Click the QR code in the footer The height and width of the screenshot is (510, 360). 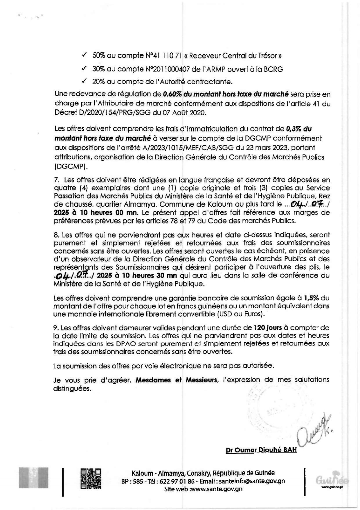[x=91, y=478]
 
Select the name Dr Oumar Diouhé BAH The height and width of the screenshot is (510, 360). [x=261, y=450]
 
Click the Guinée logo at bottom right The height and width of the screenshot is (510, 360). [x=332, y=479]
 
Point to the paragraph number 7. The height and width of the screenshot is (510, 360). [x=57, y=180]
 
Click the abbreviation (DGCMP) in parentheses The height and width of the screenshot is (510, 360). [x=71, y=167]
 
